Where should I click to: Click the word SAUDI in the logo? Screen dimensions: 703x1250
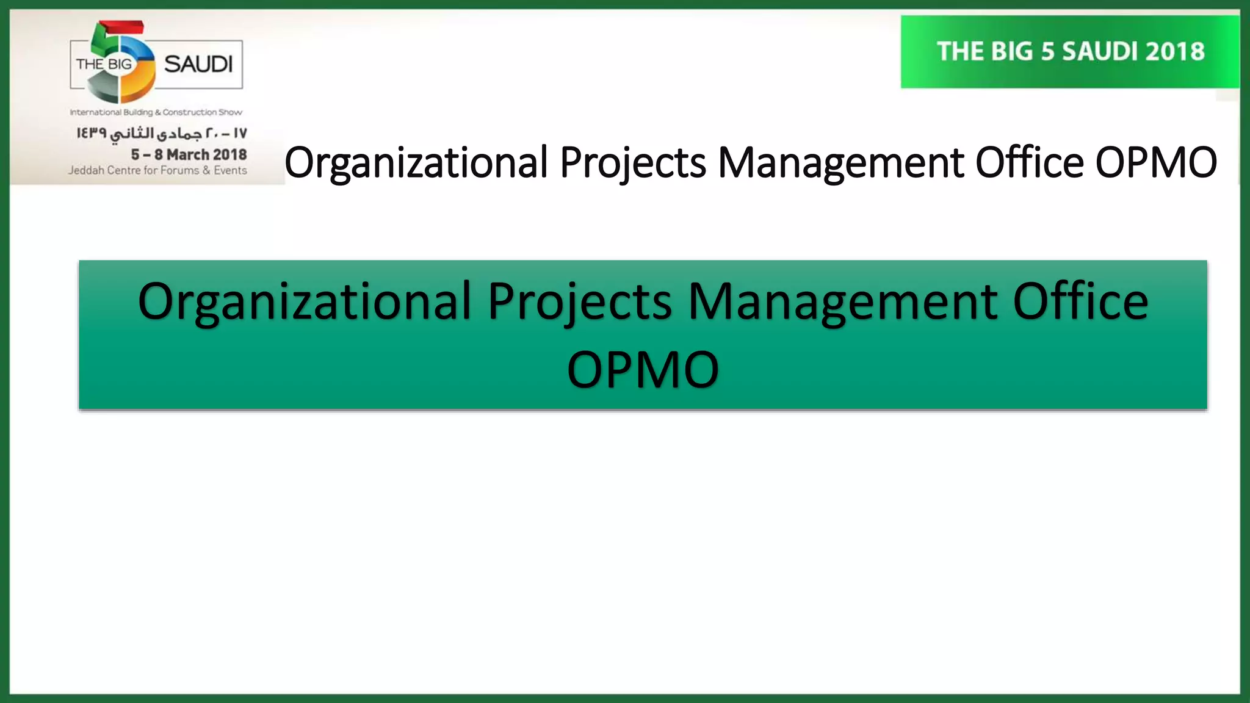pos(198,64)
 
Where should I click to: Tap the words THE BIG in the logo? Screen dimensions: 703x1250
pos(104,64)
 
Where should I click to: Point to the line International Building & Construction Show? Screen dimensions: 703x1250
pos(156,112)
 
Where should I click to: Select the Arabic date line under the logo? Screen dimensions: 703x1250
pos(162,133)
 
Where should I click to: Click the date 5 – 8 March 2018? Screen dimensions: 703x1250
pos(189,154)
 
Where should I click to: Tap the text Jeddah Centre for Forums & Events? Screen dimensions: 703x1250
pos(157,170)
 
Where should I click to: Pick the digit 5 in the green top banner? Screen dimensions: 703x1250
pos(1047,52)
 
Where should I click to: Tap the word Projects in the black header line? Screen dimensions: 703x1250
pos(633,162)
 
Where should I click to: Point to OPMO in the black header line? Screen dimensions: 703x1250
pos(1156,162)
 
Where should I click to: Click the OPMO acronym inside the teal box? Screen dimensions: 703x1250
pos(643,370)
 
